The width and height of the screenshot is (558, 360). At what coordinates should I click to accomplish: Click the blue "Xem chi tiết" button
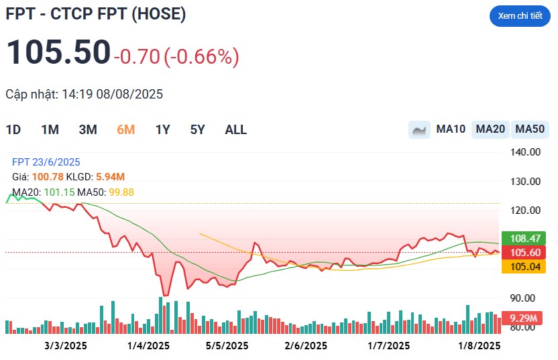coord(520,16)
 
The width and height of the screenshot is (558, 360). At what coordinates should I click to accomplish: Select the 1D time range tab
coord(13,130)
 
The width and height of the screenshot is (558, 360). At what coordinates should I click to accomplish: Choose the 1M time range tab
coord(50,130)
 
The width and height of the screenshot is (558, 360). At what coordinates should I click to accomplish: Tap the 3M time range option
coord(88,130)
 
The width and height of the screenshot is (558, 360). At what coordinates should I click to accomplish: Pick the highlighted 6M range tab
coord(126,130)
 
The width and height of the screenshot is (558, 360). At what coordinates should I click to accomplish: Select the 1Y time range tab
coord(162,130)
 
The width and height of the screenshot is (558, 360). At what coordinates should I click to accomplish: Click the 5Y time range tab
coord(197,130)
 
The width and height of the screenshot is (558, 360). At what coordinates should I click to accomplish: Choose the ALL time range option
coord(235,130)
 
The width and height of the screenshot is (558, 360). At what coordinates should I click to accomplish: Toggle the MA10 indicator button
coord(451,129)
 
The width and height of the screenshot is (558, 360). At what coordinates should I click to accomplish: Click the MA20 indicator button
coord(490,129)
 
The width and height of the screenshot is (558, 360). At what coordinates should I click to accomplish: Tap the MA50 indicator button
coord(530,129)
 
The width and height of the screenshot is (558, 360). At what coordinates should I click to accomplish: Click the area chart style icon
coord(419,129)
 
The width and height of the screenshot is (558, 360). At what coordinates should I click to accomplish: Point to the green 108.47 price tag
coord(524,238)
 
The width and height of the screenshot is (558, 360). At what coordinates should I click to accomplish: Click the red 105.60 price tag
coord(524,253)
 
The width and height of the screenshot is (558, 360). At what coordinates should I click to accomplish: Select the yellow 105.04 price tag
coord(524,266)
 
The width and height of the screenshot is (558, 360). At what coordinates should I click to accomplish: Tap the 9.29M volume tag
coord(522,318)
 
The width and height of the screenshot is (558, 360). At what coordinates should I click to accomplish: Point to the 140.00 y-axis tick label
coord(525,152)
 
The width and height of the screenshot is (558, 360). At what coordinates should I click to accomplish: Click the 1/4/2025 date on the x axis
coord(148,346)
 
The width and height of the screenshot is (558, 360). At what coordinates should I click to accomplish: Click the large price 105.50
coord(58,52)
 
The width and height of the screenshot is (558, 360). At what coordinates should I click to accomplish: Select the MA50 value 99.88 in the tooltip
coord(121,192)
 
